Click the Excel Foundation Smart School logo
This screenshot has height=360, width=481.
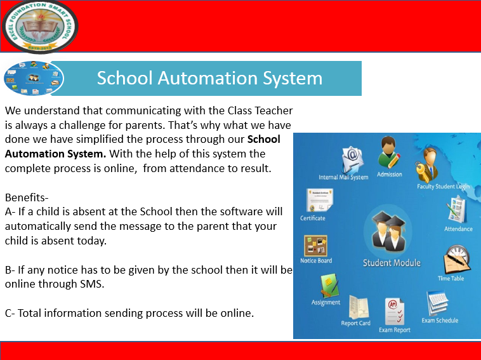[39, 26]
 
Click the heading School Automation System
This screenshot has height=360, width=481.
[209, 78]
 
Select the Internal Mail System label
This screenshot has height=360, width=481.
[343, 177]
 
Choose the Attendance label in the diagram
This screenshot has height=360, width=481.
[458, 229]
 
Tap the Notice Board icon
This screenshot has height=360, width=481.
[315, 245]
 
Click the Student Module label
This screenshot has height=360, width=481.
[392, 263]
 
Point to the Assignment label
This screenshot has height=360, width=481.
[326, 303]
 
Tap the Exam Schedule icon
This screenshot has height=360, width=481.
[438, 303]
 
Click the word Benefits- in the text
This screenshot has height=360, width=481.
[25, 197]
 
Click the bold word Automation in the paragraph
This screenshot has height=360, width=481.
[32, 154]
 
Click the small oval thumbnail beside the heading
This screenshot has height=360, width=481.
[34, 79]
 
